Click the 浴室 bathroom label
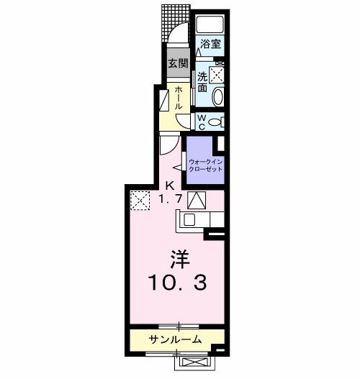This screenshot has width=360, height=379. [x=210, y=44]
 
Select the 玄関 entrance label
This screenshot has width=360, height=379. [x=176, y=63]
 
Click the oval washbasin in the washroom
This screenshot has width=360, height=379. [x=219, y=95]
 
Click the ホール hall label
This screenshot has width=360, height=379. [x=178, y=97]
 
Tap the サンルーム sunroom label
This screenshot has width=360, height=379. [x=175, y=339]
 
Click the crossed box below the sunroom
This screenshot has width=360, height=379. [x=194, y=365]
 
